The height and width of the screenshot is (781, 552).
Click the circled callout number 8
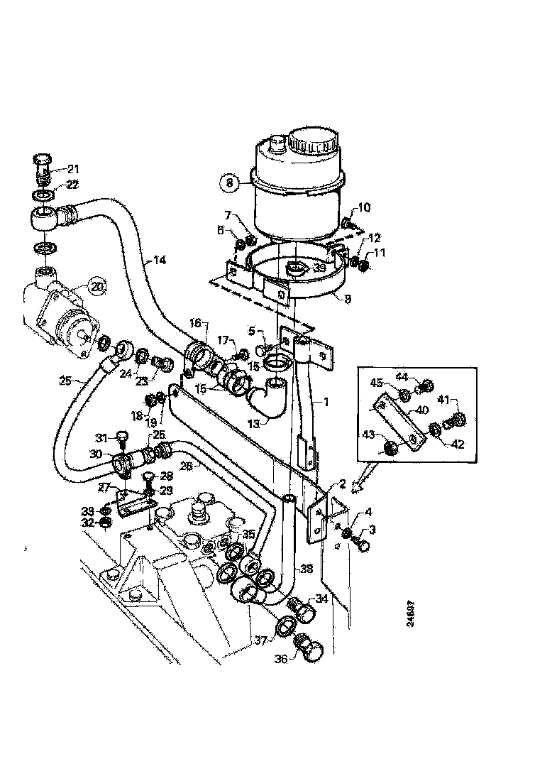pos(228,182)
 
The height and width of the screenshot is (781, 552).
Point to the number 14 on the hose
pos(160,260)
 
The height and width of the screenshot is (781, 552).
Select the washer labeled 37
pos(285,626)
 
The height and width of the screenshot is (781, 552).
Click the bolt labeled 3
pos(362,544)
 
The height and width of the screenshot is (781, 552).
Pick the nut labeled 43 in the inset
pos(389,447)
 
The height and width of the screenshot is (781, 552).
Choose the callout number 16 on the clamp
pos(196,323)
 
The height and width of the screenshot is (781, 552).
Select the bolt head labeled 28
pos(149,477)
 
